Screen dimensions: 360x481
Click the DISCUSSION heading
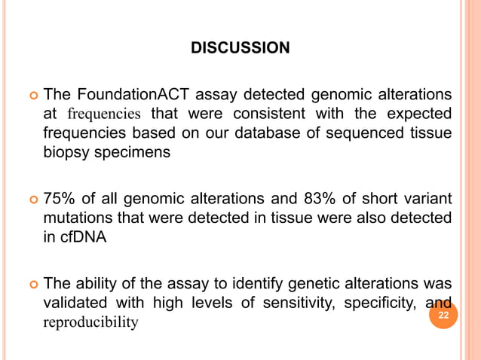pyautogui.click(x=240, y=49)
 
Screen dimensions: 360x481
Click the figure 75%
pyautogui.click(x=59, y=200)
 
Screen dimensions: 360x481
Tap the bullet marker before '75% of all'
pyautogui.click(x=32, y=200)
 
